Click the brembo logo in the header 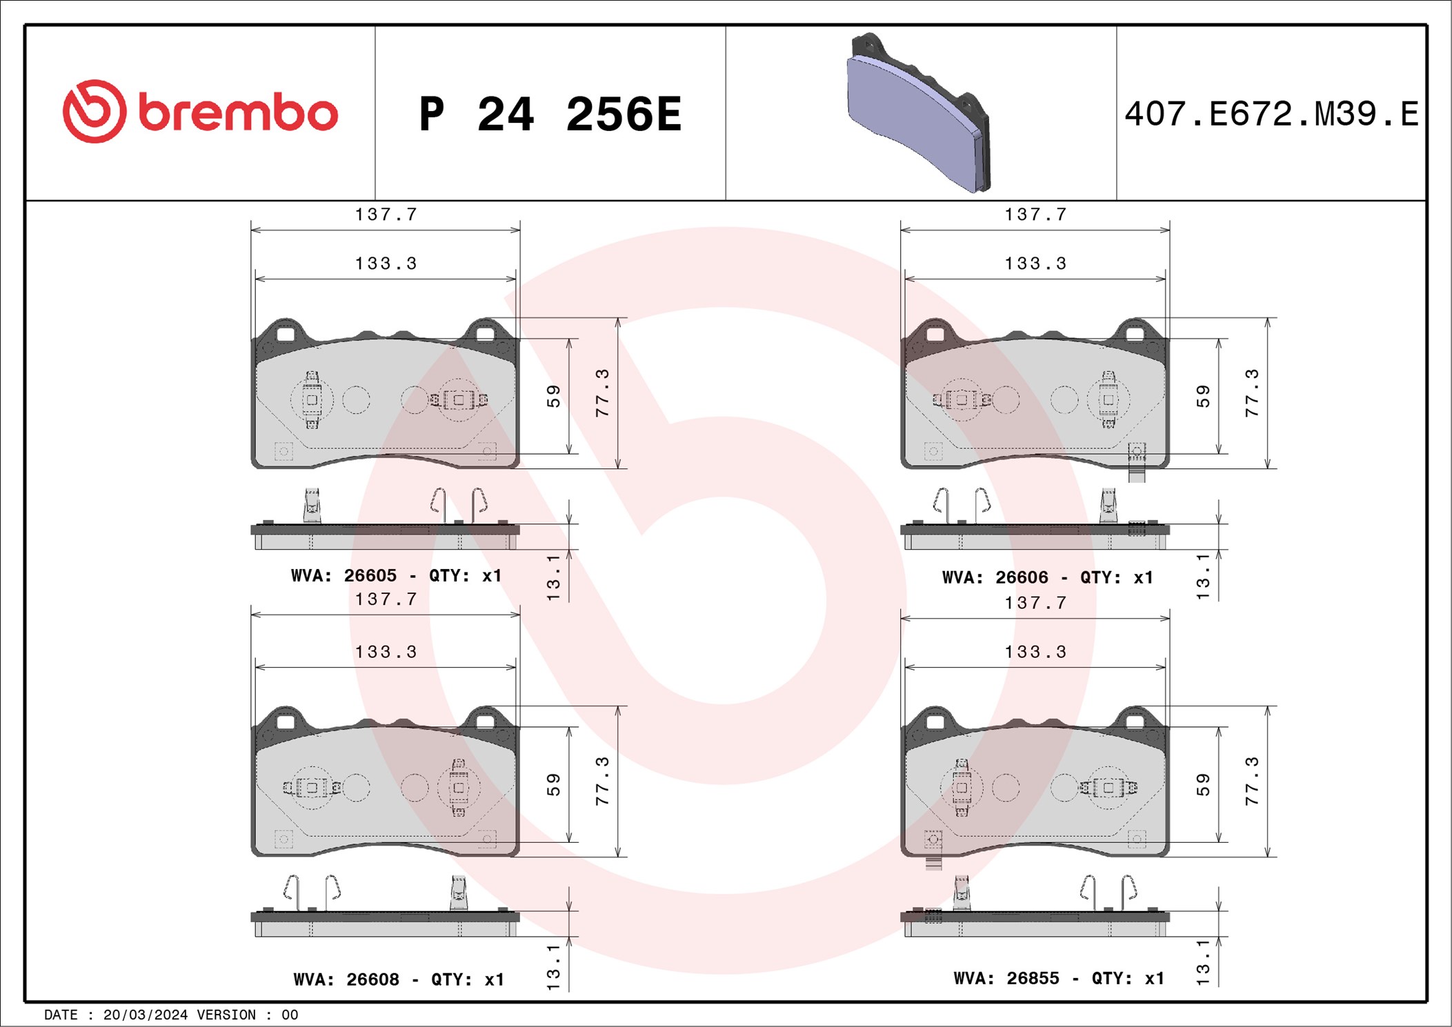tap(200, 112)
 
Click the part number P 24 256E tap(550, 114)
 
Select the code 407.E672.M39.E tap(1271, 114)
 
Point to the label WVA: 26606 tap(995, 577)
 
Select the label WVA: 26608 tap(346, 979)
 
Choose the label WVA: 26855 tap(1006, 978)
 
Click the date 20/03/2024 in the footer tap(145, 1015)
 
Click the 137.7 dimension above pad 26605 tap(386, 215)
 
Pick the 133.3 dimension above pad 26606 tap(1035, 263)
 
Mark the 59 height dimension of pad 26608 tap(553, 784)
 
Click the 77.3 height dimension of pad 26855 tap(1252, 781)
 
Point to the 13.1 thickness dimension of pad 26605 tap(553, 577)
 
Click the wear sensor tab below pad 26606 tap(1136, 474)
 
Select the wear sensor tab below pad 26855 tap(933, 862)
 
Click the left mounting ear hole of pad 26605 tap(286, 335)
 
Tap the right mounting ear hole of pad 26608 tap(486, 722)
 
